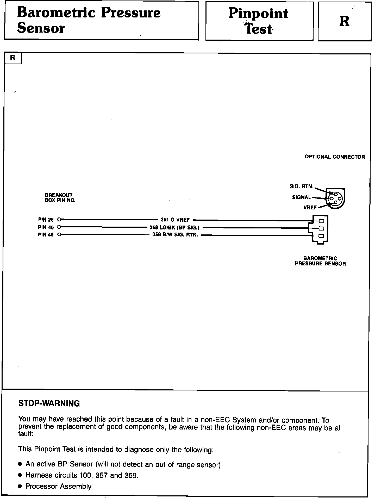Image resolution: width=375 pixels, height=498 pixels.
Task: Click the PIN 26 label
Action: tap(46, 220)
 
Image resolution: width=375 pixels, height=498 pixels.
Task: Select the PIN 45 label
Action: tap(46, 227)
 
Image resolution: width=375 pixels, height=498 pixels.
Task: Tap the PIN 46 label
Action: tap(46, 235)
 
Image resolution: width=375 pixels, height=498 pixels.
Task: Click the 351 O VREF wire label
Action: tap(175, 220)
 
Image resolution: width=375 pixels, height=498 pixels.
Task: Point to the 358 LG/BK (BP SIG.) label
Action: tap(174, 228)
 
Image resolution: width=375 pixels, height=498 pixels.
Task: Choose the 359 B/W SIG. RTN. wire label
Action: tap(175, 235)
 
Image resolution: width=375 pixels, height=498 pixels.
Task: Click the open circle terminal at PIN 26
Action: tap(59, 220)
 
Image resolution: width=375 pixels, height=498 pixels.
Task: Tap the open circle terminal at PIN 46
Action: tap(59, 235)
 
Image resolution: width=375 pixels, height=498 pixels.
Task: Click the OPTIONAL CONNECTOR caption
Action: tap(335, 157)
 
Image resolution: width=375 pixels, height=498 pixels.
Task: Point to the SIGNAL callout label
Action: tap(302, 197)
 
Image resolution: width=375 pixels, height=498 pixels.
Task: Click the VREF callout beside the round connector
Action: tap(310, 208)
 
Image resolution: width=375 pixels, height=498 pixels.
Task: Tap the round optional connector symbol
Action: tap(336, 198)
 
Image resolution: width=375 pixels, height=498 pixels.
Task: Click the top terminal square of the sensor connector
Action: tap(321, 221)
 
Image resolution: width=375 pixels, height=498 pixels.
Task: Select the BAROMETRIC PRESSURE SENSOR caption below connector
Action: tap(320, 261)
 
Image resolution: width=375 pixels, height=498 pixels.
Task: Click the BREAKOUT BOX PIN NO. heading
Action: tap(60, 198)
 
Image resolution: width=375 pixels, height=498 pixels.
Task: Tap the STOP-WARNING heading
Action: tap(49, 403)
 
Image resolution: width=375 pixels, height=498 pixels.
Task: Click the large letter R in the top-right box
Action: tap(344, 21)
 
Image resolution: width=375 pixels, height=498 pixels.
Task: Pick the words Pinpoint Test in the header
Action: tap(259, 21)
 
